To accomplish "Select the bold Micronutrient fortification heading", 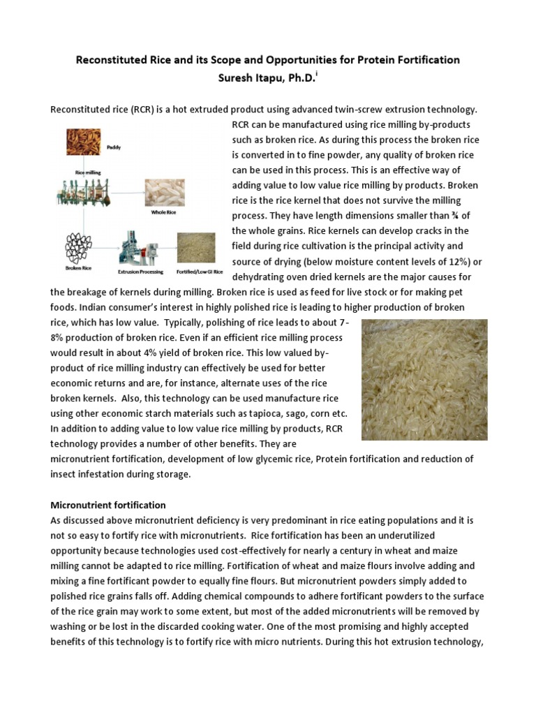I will pyautogui.click(x=108, y=504).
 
